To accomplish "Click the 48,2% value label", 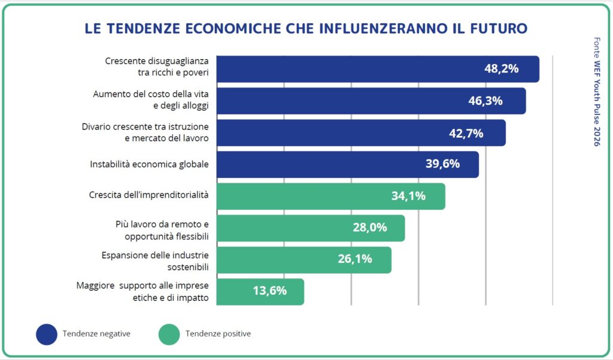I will [501, 69].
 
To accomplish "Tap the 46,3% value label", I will [485, 101].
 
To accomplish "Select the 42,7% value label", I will [466, 133].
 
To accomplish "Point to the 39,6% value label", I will [442, 164].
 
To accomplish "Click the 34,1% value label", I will [408, 196].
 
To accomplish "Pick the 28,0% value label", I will [369, 228].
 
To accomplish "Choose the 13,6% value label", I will [269, 291].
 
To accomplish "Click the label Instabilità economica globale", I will [149, 164].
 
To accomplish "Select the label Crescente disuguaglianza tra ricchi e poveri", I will [157, 67].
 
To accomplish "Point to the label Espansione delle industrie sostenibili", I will [154, 260].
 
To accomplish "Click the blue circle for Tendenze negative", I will [47, 334].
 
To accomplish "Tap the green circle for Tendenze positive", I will [169, 334].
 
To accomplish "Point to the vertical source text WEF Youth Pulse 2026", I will [596, 99].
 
